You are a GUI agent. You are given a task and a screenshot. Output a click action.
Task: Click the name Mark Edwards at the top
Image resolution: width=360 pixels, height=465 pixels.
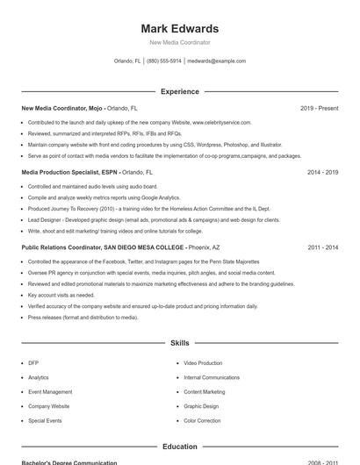pos(180,29)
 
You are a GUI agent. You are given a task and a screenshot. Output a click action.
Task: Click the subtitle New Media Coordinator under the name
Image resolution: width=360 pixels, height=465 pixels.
pos(180,42)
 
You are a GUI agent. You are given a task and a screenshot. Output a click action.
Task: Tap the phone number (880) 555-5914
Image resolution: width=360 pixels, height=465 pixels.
pos(164,61)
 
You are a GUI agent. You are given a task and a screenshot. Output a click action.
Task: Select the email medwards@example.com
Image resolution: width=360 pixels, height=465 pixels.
pos(217,61)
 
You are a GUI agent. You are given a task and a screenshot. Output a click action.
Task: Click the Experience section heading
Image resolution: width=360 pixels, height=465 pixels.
pos(180,91)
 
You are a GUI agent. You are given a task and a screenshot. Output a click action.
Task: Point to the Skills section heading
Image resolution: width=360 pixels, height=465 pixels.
pos(180,343)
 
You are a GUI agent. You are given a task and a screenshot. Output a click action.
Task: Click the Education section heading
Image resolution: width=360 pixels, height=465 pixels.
pos(180,447)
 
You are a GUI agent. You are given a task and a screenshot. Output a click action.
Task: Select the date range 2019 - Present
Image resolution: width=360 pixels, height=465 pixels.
pos(319,108)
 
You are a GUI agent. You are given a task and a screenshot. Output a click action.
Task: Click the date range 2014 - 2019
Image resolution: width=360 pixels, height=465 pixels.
pos(322,173)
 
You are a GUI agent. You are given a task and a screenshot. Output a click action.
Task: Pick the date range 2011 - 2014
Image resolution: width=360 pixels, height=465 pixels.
pos(322,248)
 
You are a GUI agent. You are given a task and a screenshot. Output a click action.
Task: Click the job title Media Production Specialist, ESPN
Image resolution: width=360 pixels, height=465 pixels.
pos(68,173)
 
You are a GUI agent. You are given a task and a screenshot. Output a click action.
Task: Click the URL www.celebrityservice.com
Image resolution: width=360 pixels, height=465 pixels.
pos(221,123)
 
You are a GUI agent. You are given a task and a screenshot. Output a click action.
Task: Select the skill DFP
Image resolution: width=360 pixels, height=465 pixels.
pos(33,362)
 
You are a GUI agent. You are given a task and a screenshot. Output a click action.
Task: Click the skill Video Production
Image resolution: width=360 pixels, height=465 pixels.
pos(203,362)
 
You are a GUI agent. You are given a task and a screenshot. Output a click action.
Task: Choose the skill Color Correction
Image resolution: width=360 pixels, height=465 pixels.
pos(202,421)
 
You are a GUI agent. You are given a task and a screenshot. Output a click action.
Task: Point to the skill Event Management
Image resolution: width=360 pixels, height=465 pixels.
pos(50,392)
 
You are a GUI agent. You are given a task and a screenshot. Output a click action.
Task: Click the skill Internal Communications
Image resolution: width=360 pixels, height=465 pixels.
pos(211,377)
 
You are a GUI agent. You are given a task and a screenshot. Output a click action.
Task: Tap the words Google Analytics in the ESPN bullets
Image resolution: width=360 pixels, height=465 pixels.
pos(160,198)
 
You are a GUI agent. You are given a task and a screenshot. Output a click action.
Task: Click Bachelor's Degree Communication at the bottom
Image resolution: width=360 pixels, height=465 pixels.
pos(69,462)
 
